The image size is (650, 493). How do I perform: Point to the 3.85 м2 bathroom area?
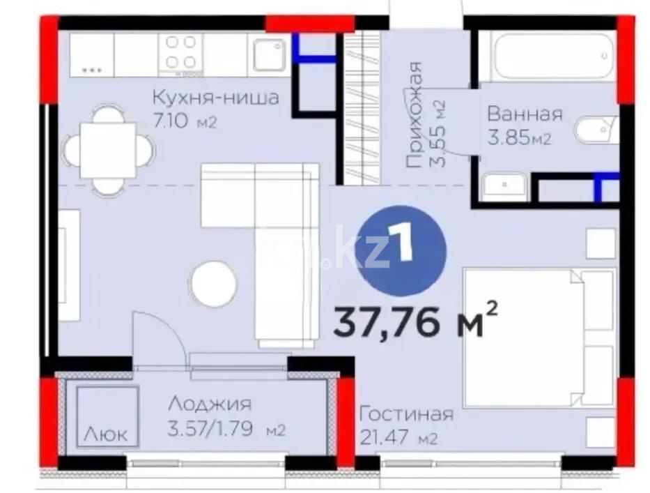(x=519, y=138)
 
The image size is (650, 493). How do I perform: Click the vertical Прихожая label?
(x=415, y=115)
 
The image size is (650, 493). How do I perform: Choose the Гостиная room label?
(x=405, y=414)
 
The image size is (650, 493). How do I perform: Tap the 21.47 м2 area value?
(x=398, y=439)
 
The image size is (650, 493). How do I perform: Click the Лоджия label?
(x=209, y=404)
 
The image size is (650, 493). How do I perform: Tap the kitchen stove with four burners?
(x=180, y=53)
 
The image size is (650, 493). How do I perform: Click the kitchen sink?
(x=269, y=54)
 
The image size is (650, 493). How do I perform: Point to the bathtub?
(x=545, y=56)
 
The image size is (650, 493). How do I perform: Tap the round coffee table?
(x=213, y=284)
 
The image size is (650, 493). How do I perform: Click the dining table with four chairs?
(x=108, y=150)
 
